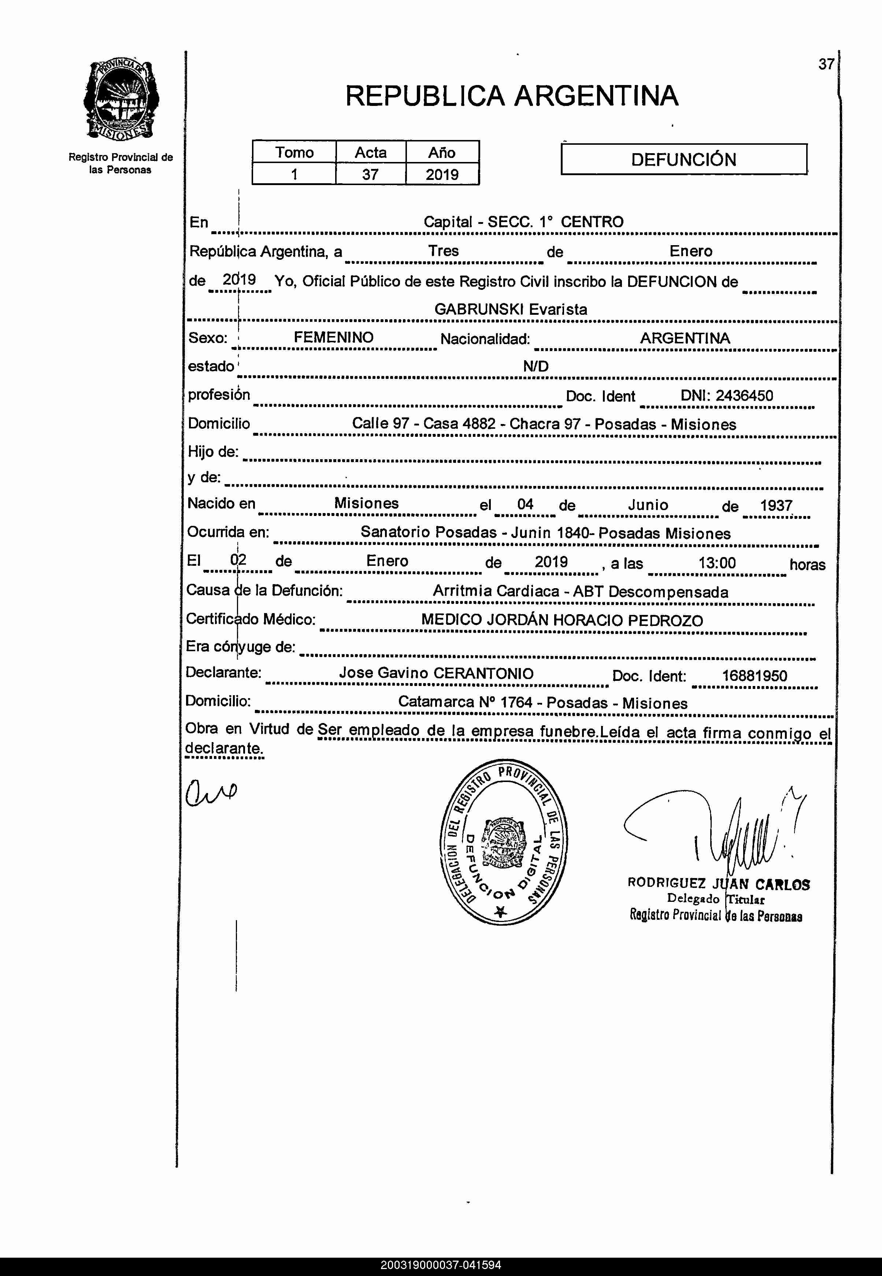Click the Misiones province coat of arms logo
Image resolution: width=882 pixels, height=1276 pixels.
point(121,100)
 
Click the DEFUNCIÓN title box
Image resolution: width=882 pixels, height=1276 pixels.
point(683,159)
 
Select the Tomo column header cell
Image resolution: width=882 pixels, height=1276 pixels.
point(294,152)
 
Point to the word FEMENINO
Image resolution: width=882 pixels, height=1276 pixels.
point(333,337)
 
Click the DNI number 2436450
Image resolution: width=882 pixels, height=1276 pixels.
point(744,395)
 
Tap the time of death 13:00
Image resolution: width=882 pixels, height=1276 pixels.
point(717,563)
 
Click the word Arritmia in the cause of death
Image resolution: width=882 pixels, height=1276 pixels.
point(462,591)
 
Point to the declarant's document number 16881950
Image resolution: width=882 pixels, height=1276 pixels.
point(754,676)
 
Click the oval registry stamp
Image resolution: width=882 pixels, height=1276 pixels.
point(503,841)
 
